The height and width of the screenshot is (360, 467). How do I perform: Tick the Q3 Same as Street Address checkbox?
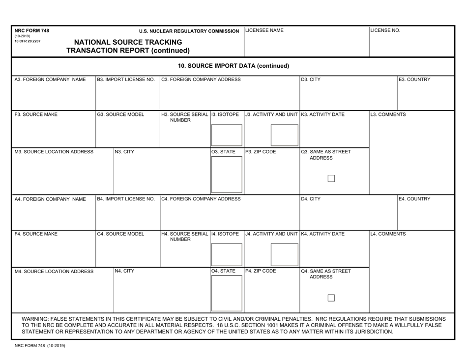pos(331,179)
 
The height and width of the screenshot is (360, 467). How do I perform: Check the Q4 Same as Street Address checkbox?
pos(331,298)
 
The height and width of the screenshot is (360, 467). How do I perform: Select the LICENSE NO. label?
pos(386,30)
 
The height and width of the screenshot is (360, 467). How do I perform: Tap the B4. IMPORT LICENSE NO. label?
pos(126,199)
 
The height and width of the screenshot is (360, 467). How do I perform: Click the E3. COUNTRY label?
pos(415,80)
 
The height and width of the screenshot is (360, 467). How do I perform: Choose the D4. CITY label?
pos(311,199)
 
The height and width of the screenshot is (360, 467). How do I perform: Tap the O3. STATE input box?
pos(226,175)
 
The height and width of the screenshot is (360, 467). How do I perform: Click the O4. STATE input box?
pos(226,294)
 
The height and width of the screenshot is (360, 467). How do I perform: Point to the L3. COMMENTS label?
pos(389,115)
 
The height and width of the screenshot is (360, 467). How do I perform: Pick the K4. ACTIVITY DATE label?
pos(323,234)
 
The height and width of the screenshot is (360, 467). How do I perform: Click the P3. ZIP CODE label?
pos(261,152)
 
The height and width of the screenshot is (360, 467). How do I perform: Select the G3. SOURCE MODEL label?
pos(121,115)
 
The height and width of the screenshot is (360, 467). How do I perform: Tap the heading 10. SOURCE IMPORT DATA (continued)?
pos(233,65)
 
